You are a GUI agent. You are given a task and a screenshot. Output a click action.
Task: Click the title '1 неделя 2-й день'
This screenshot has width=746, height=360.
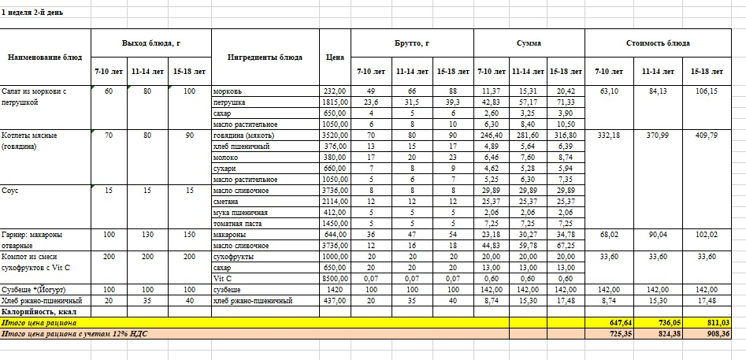pos(39,13)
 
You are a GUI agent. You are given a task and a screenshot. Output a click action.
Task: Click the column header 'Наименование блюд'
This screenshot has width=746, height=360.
pos(45,57)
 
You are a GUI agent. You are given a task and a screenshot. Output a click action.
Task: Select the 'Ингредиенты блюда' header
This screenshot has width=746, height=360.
pos(265,57)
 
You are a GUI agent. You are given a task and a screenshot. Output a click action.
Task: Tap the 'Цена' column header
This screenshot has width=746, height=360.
pos(334,57)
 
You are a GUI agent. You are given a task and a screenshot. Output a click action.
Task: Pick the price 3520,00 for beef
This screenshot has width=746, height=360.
pos(335,135)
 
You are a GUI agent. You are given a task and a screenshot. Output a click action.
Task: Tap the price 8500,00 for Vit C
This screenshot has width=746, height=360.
pos(335,278)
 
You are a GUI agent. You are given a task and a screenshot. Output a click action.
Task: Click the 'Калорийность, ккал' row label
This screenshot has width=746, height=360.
pos(39,311)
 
